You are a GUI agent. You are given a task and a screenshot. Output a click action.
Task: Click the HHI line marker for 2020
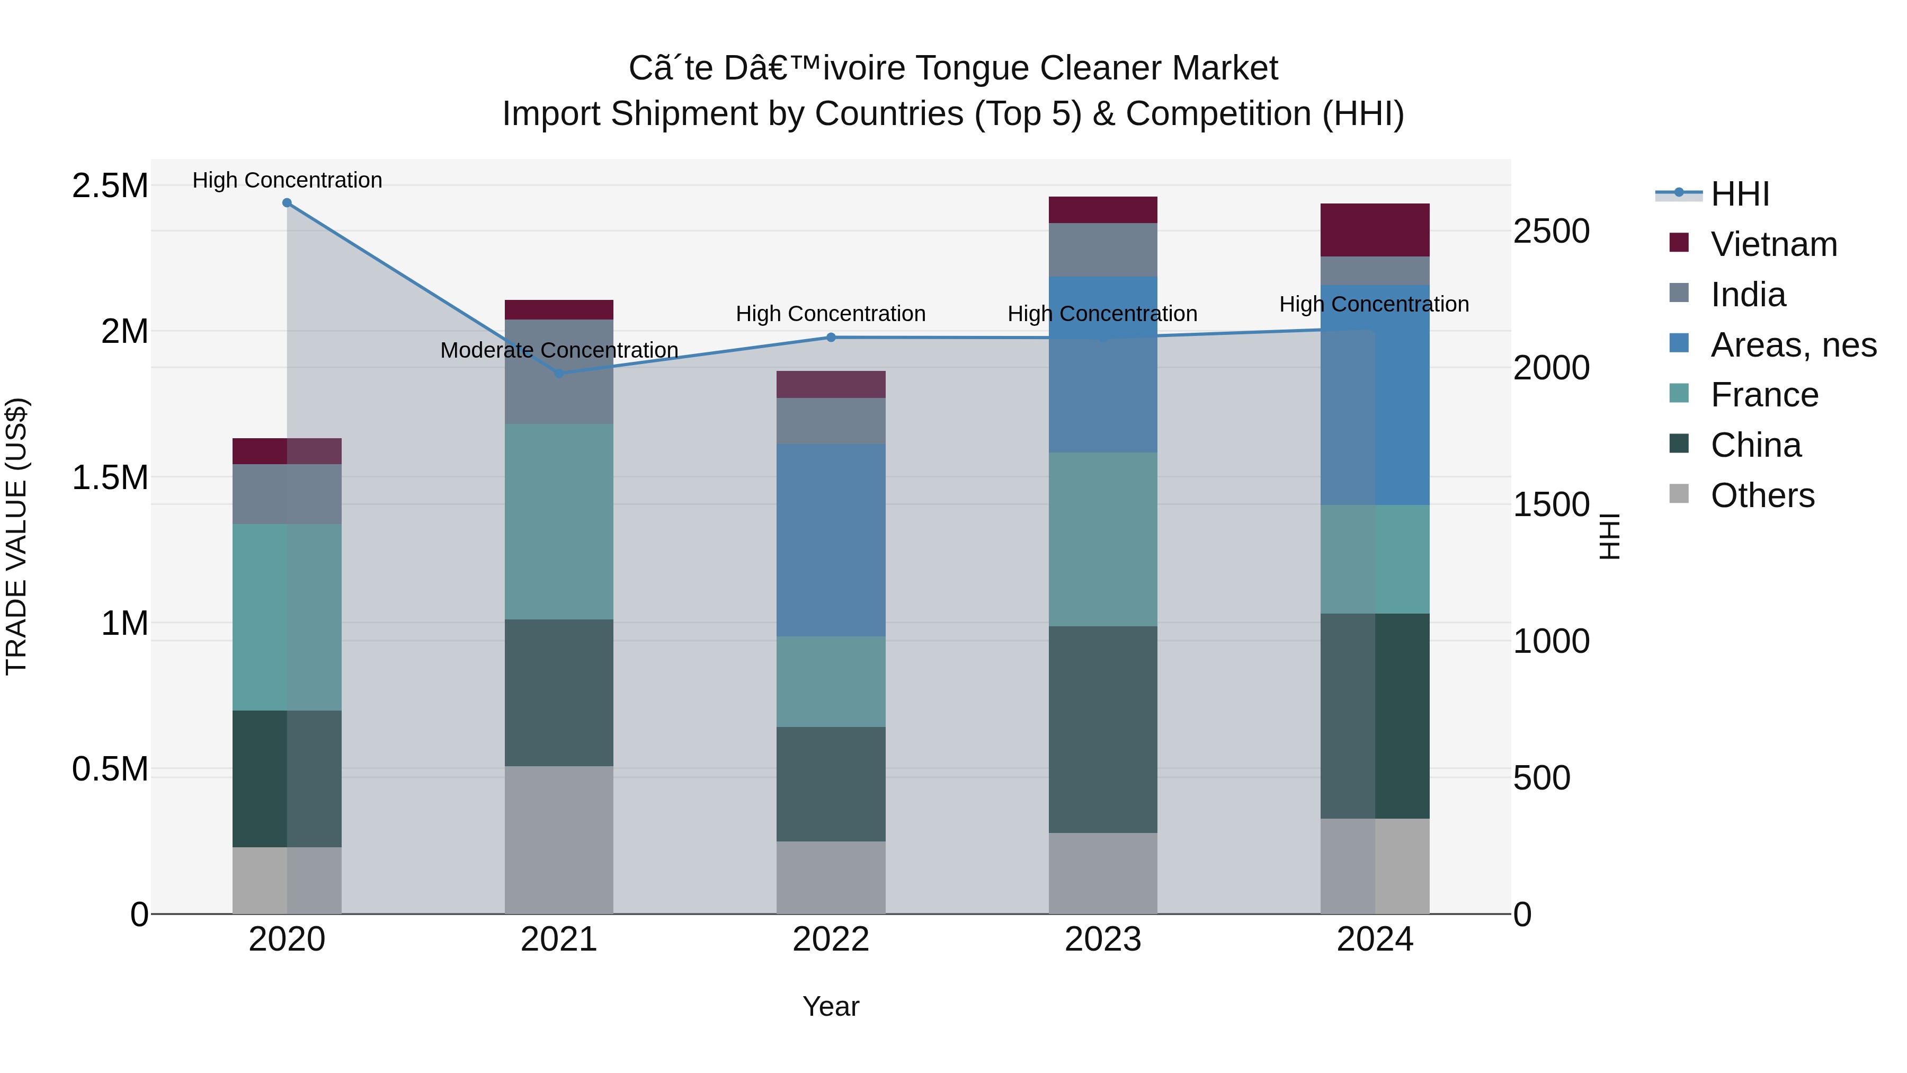click(287, 202)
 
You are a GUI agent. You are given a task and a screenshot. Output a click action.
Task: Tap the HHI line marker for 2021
click(559, 373)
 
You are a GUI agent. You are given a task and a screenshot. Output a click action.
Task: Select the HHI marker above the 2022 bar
click(831, 337)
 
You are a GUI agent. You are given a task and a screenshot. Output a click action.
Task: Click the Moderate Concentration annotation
click(559, 350)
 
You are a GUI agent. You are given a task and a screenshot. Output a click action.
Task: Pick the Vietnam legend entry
click(1773, 244)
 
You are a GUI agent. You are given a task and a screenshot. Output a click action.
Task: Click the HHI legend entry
click(1740, 194)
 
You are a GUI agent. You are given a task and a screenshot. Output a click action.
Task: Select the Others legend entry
click(1762, 495)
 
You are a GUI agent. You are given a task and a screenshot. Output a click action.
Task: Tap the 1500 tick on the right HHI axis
click(1550, 504)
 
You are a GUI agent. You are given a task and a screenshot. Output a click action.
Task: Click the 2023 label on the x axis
click(1102, 939)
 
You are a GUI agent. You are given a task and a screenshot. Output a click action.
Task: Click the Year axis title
click(831, 1006)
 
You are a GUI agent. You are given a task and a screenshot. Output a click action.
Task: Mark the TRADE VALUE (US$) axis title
click(16, 536)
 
